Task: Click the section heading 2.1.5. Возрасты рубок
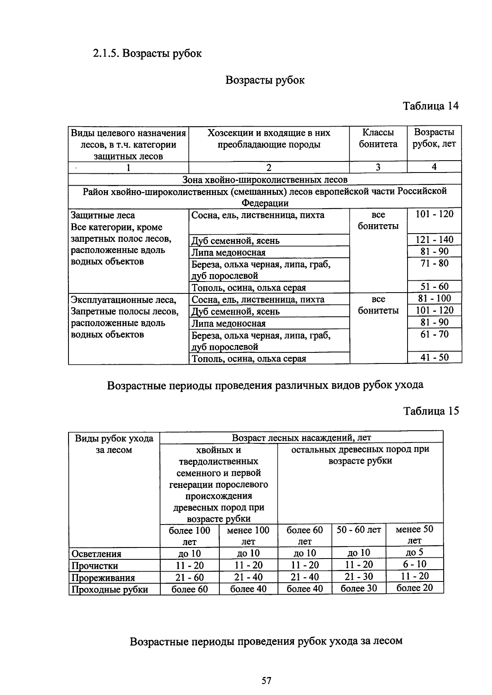coord(147,54)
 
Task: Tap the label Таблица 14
coord(430,106)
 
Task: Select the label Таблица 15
coord(430,411)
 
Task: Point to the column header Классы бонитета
coord(378,139)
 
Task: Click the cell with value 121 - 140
coord(434,240)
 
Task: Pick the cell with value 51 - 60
coord(434,286)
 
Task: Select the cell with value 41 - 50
coord(434,357)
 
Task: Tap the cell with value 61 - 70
coord(434,334)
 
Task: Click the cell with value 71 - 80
coord(434,263)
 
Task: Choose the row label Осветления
coord(96,554)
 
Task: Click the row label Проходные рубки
coord(109,590)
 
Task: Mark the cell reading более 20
coord(415,588)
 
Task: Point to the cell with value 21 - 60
coord(189,577)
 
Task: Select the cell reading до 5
coord(415,552)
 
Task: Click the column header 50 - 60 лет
coord(359,530)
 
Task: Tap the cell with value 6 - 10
coord(415,564)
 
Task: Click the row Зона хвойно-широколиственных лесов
coord(265,180)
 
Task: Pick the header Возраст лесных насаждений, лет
coord(301,438)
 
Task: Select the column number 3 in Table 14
coord(378,167)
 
